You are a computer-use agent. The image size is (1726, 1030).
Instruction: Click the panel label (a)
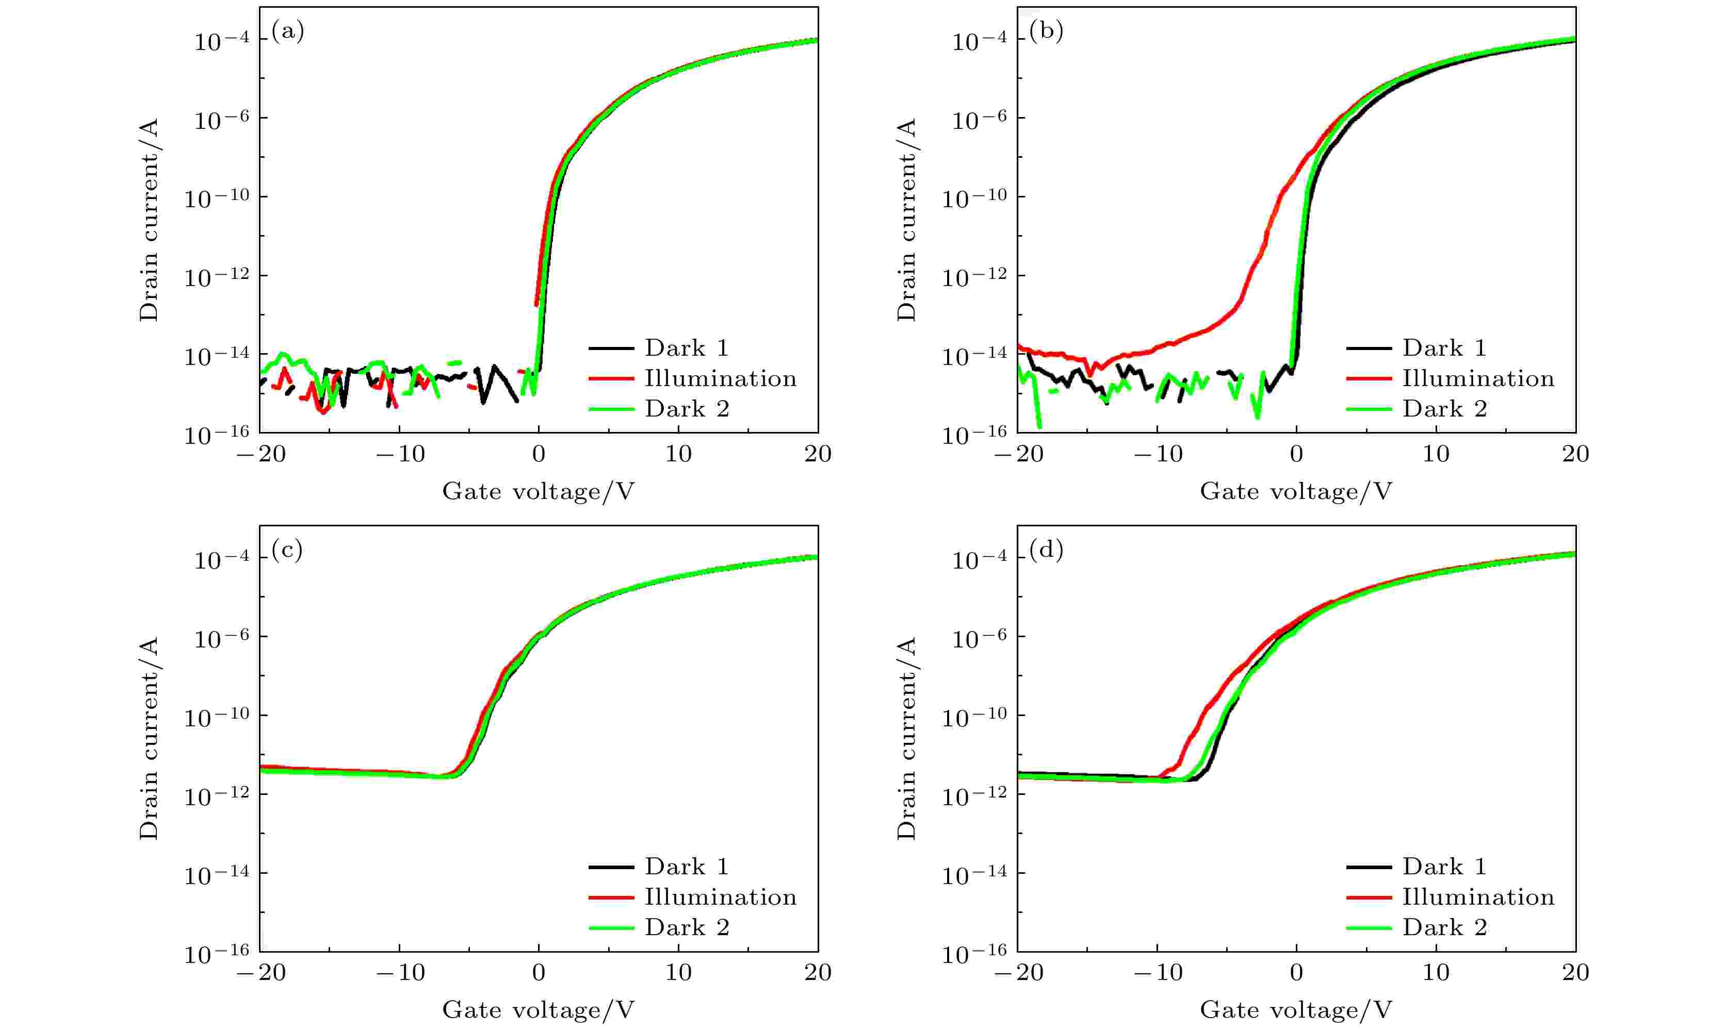click(x=287, y=32)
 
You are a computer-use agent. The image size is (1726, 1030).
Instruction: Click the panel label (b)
click(x=1046, y=32)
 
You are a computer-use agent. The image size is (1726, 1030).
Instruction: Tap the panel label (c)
click(x=287, y=551)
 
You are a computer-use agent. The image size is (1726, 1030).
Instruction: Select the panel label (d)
click(x=1046, y=551)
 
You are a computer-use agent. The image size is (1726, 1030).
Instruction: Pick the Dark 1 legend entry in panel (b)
click(x=1444, y=348)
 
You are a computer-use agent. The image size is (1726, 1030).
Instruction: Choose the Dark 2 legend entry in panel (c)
click(x=687, y=927)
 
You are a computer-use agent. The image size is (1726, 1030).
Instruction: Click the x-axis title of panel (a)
click(x=538, y=491)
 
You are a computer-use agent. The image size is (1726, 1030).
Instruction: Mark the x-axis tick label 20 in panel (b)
click(x=1575, y=454)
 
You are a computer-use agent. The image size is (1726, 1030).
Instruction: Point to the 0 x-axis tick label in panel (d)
click(x=1296, y=972)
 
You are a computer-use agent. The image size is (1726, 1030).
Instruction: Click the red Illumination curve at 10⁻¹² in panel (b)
click(x=1250, y=276)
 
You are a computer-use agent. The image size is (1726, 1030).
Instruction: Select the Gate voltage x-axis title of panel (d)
click(x=1296, y=1010)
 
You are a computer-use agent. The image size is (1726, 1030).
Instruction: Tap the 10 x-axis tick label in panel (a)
click(x=678, y=454)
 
